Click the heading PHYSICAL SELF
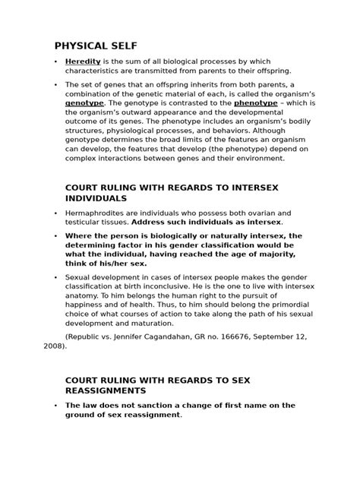coord(95,46)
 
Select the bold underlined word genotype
coord(84,101)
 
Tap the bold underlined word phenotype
coord(254,101)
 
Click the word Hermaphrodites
coord(100,213)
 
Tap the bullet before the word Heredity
coord(55,61)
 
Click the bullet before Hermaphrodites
coord(55,213)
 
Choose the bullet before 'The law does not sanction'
coord(55,406)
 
